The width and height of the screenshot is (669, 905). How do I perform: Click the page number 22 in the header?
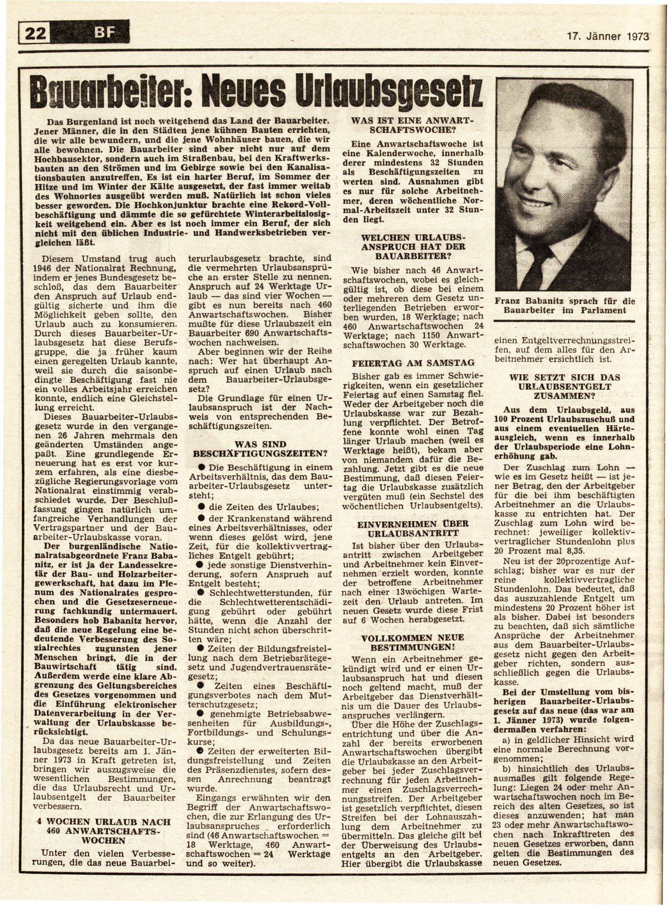coord(34,35)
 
